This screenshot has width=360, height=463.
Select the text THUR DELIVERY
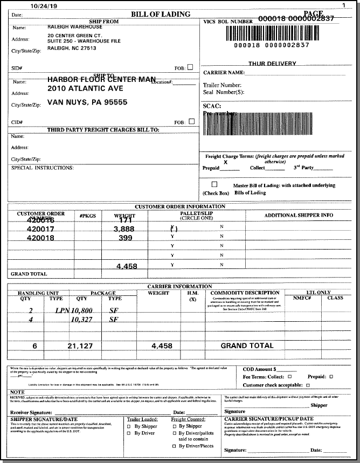[x=272, y=64]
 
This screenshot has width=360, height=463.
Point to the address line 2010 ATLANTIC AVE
[x=85, y=88]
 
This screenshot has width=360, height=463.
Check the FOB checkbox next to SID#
[x=190, y=67]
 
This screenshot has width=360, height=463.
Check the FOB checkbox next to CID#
[x=191, y=121]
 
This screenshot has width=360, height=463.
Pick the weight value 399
[x=125, y=238]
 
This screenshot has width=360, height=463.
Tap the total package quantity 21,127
[x=81, y=346]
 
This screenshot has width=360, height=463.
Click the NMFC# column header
[x=303, y=298]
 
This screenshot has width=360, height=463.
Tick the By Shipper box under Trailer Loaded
[x=129, y=426]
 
